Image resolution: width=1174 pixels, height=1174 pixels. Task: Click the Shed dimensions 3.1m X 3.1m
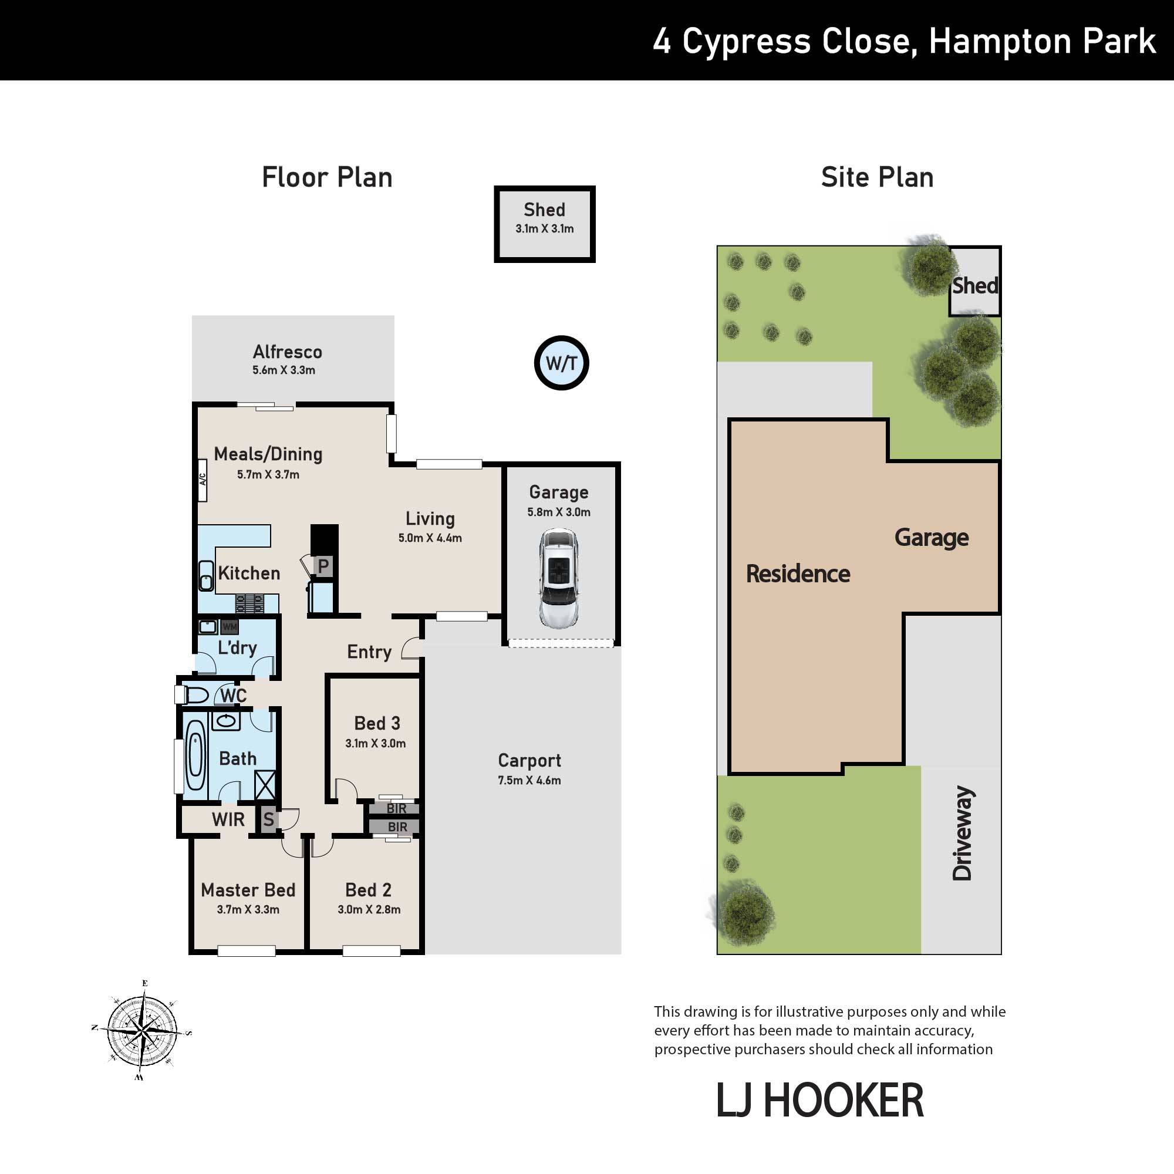545,229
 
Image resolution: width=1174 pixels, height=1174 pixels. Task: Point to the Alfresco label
288,352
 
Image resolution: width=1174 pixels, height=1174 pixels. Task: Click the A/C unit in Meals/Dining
203,480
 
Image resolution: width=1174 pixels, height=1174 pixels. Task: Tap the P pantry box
323,566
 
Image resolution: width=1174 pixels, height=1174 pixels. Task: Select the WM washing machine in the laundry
229,626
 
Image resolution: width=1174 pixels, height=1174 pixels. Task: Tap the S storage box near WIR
269,819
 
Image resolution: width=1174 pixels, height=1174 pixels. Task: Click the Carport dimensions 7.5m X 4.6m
529,780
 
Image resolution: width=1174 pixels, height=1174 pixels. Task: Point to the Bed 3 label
377,723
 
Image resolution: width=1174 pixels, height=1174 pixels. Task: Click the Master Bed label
248,890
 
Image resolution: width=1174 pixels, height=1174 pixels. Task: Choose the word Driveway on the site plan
962,833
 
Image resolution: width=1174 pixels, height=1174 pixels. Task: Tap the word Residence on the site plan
798,573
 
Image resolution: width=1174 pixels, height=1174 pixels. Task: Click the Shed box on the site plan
974,281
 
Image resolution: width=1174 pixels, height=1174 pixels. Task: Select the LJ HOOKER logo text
819,1101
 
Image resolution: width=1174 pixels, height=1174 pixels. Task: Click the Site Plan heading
877,177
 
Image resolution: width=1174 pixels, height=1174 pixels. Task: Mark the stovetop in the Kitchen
249,603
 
